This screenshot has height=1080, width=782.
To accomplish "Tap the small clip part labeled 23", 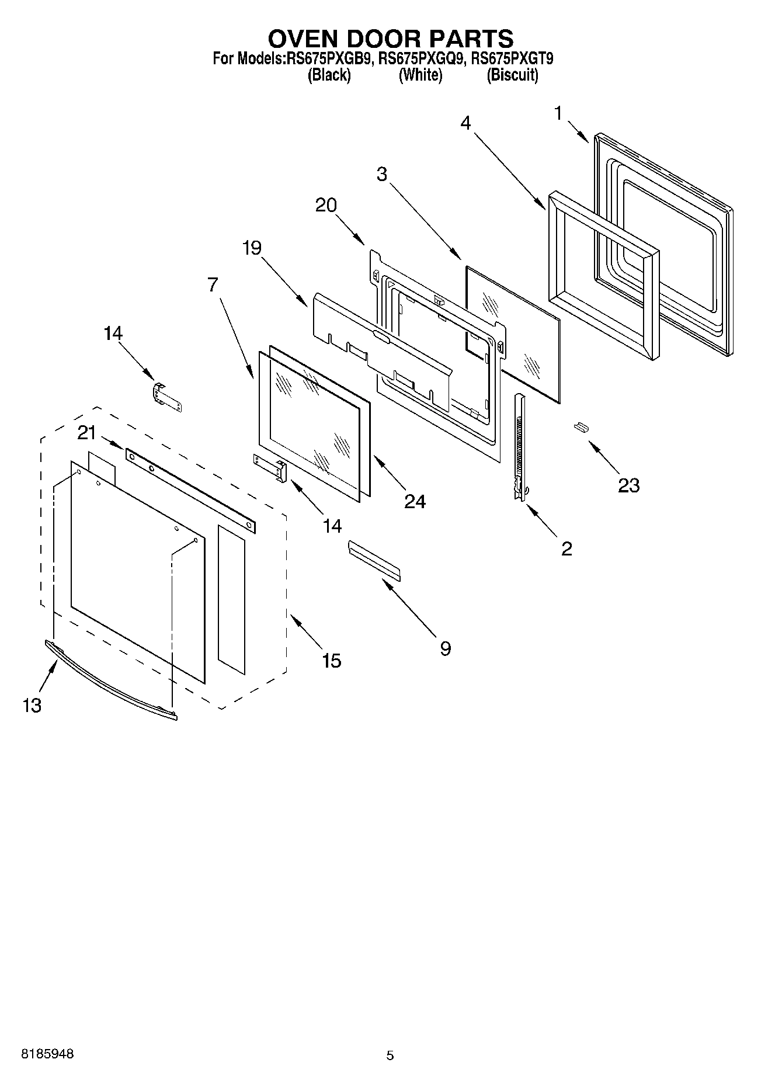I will tap(581, 428).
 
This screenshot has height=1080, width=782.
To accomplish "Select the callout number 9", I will tap(445, 648).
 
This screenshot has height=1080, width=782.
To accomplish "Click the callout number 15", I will tap(331, 661).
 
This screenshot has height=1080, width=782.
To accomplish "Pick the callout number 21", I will tap(87, 433).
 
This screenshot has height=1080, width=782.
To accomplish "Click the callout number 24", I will tap(415, 501).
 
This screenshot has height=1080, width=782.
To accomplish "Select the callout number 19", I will tap(252, 248).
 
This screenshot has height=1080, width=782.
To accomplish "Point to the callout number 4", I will tap(465, 123).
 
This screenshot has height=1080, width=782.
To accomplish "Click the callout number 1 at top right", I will tap(558, 113).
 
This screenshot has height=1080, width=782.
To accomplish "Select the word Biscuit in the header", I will tap(512, 75).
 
